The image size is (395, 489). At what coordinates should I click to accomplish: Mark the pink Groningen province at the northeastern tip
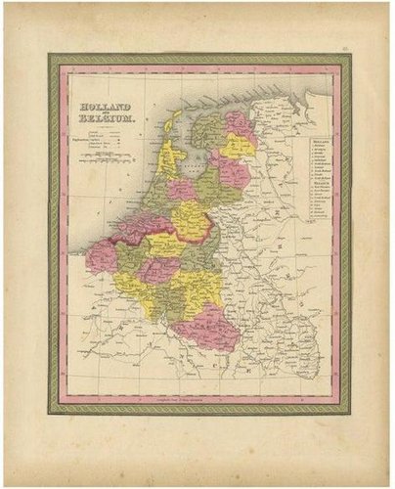click(x=238, y=121)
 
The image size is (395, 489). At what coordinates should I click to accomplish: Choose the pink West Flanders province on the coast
click(x=102, y=256)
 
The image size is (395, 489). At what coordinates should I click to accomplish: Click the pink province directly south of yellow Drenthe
click(x=232, y=172)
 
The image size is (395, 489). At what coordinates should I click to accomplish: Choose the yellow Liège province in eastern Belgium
click(x=200, y=286)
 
